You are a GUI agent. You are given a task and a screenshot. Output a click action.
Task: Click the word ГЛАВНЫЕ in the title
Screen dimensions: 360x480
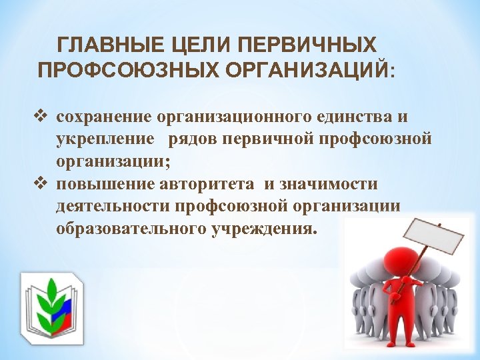click(x=100, y=46)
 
